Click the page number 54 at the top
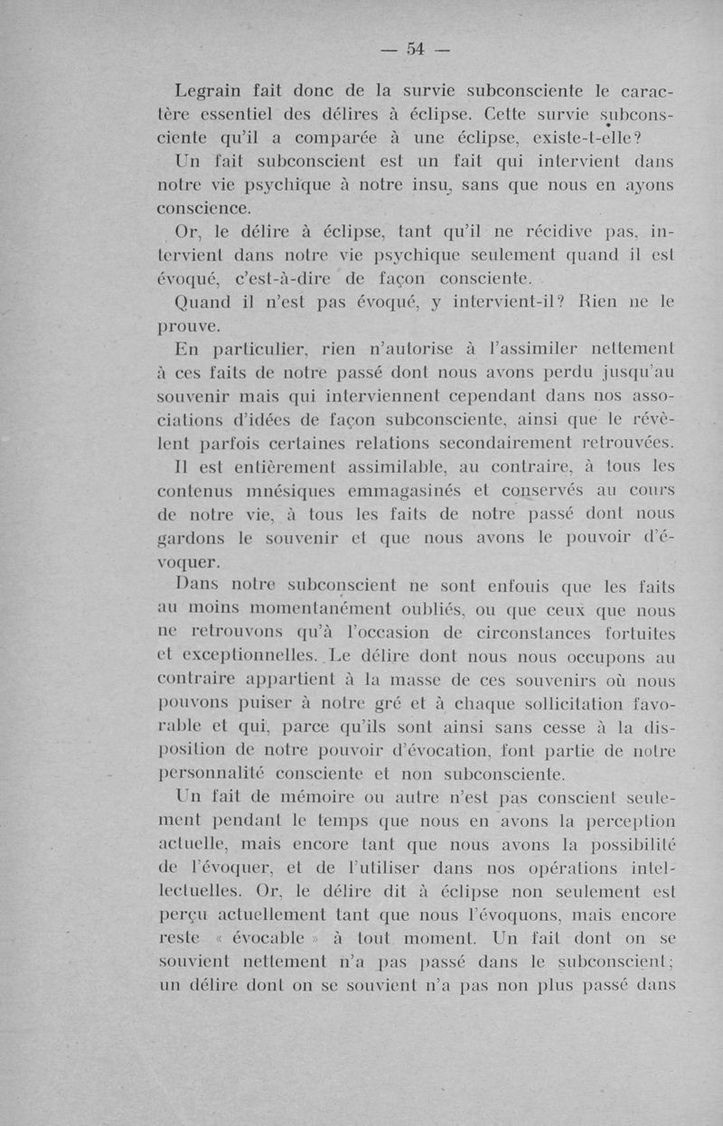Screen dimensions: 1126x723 pyautogui.click(x=416, y=49)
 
